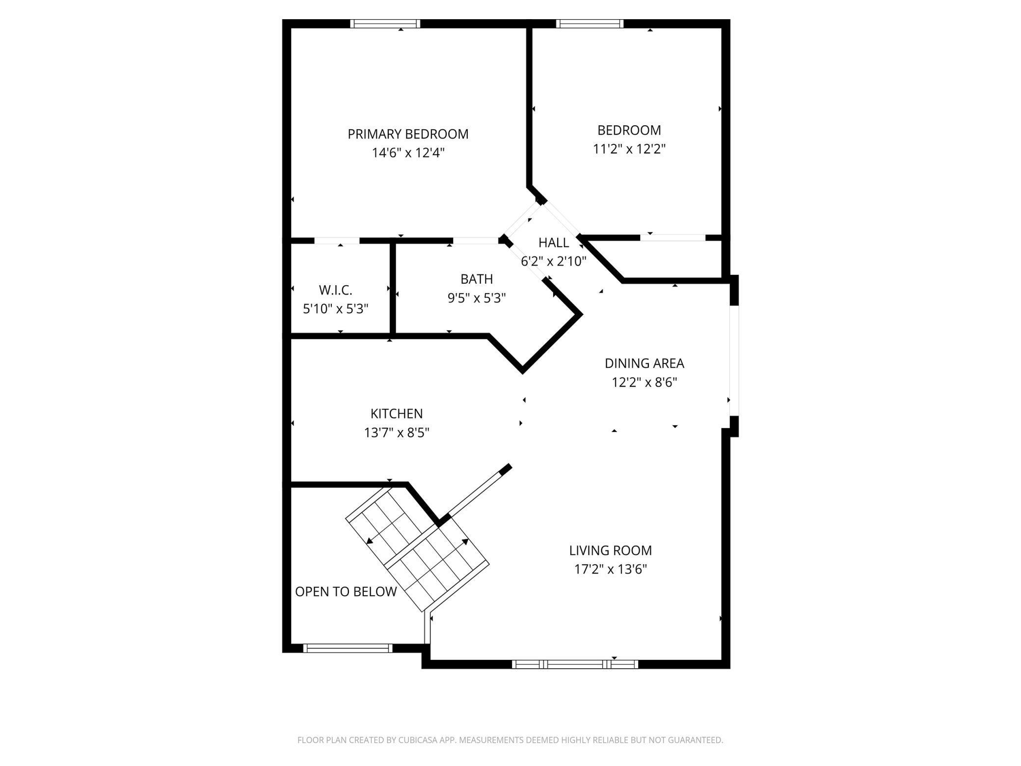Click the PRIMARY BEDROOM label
coord(408,134)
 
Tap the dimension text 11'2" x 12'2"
coord(629,149)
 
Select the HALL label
coord(554,243)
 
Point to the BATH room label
coord(476,279)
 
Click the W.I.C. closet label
coord(336,290)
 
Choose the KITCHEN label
coord(396,413)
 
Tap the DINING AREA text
coord(644,363)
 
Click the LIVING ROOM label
coord(610,550)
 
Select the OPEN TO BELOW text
coord(346,592)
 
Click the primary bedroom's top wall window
coord(385,24)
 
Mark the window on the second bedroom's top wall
coord(590,24)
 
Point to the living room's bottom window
coord(575,664)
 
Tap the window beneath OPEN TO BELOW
coord(348,648)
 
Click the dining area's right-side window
coord(734,361)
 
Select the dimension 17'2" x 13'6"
coord(611,570)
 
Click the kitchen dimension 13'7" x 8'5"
coord(396,433)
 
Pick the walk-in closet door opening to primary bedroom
coord(337,241)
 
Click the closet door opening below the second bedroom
coord(672,238)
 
